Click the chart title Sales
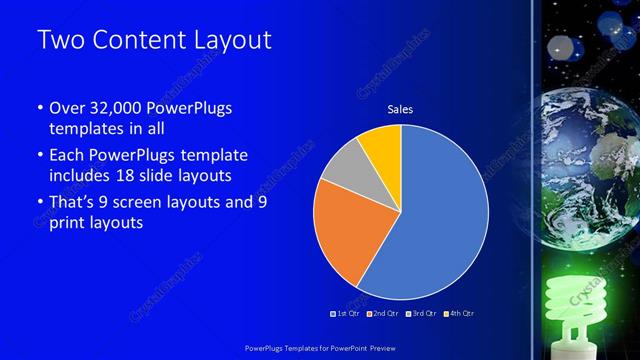tap(400, 109)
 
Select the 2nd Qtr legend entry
tap(385, 313)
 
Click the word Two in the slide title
tap(59, 42)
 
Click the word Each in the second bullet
tap(65, 156)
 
